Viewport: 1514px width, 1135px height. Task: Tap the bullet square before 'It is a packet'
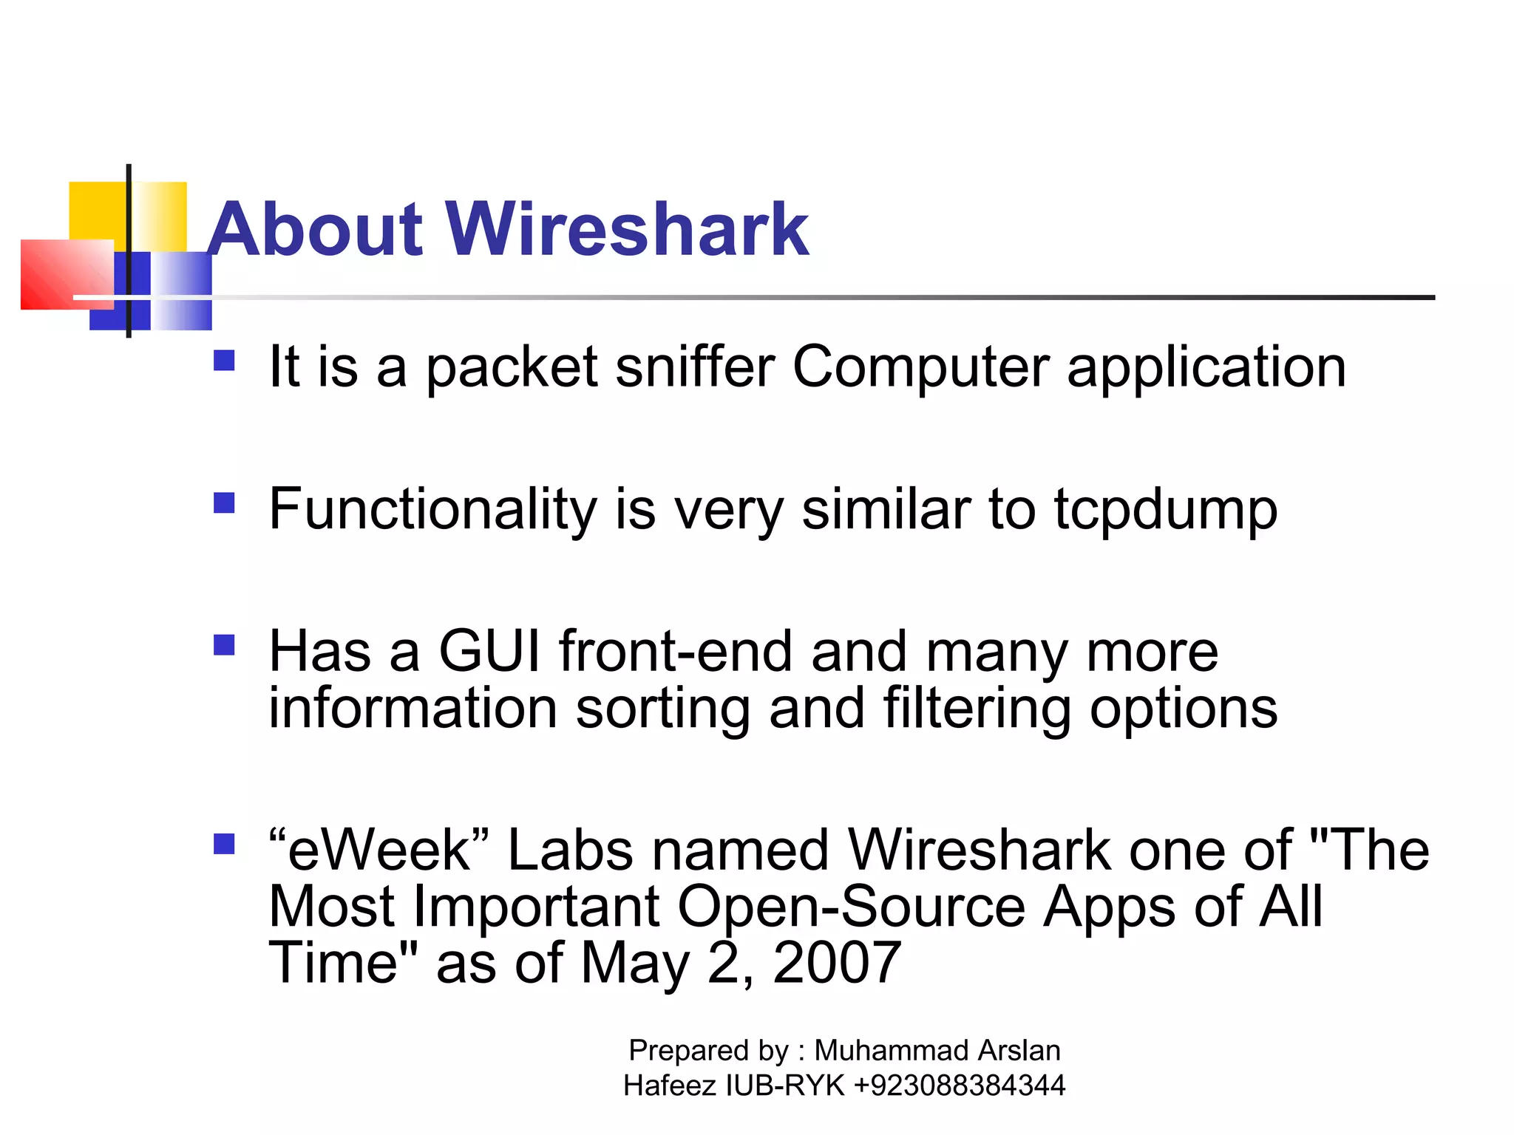[224, 361]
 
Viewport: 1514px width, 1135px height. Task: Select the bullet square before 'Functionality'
[224, 503]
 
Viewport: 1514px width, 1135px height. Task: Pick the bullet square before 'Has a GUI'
[224, 646]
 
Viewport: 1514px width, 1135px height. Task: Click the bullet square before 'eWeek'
[224, 844]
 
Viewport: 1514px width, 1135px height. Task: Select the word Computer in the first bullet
[920, 368]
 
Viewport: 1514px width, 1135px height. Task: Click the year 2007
[836, 963]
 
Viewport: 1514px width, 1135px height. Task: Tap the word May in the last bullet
[634, 964]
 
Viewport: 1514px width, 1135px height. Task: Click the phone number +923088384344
[959, 1085]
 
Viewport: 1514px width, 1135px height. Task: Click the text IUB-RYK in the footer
[785, 1085]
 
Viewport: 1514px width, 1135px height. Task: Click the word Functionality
[432, 510]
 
